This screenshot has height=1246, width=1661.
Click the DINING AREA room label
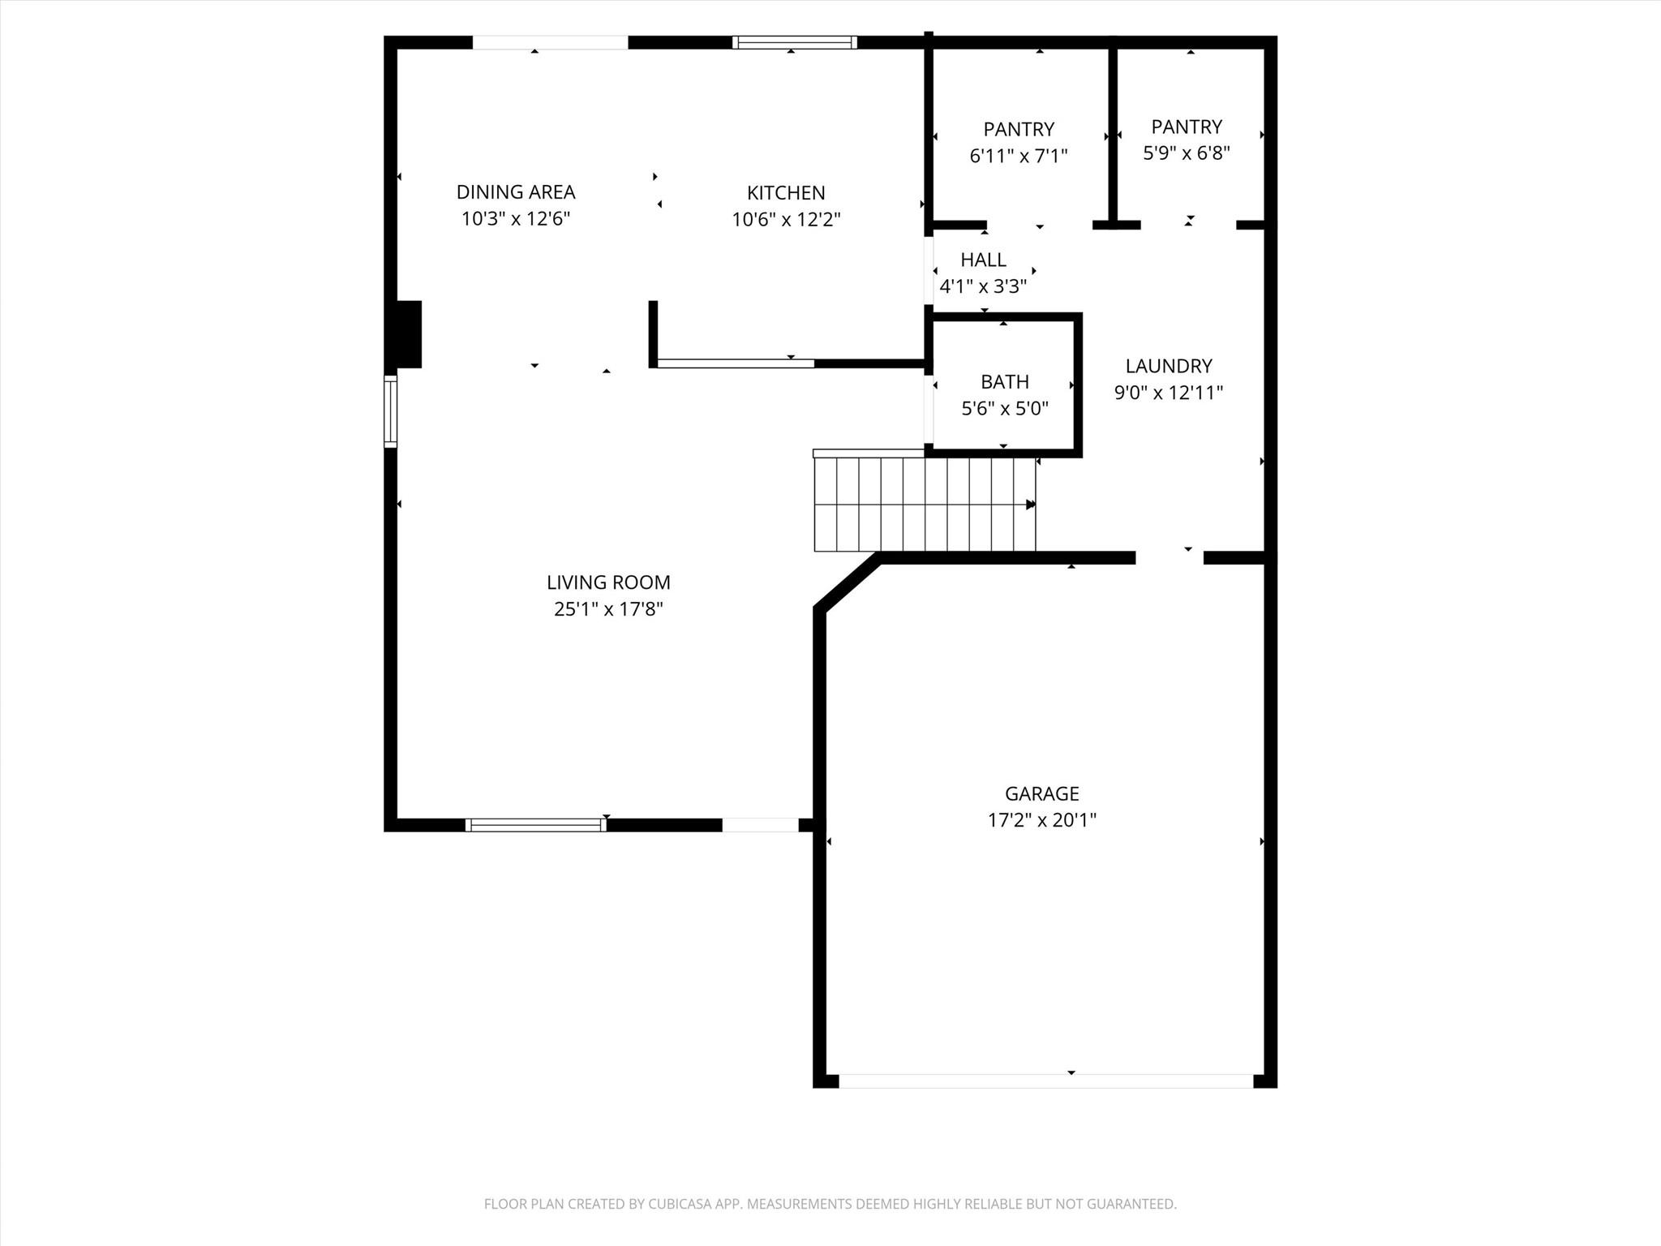pyautogui.click(x=516, y=192)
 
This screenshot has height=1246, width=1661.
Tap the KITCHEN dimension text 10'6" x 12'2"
pyautogui.click(x=786, y=220)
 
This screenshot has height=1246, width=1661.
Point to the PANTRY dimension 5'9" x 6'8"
pyautogui.click(x=1187, y=153)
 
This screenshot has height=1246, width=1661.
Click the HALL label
pyautogui.click(x=983, y=260)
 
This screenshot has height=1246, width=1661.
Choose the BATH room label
pyautogui.click(x=1005, y=381)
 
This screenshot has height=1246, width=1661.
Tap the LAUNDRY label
pyautogui.click(x=1168, y=366)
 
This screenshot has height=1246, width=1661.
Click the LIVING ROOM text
pyautogui.click(x=608, y=582)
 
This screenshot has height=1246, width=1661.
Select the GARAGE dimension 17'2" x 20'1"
pyautogui.click(x=1041, y=820)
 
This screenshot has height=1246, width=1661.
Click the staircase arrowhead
pyautogui.click(x=1031, y=505)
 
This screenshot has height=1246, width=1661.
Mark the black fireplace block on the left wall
pyautogui.click(x=408, y=334)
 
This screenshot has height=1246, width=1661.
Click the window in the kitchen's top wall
pyautogui.click(x=795, y=42)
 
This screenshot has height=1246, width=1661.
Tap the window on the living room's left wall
pyautogui.click(x=390, y=411)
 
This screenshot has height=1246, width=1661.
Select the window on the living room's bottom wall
pyautogui.click(x=535, y=825)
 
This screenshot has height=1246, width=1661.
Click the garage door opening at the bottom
pyautogui.click(x=1046, y=1081)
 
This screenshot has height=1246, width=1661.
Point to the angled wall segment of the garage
pyautogui.click(x=847, y=582)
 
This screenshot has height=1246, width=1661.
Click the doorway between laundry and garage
pyautogui.click(x=1169, y=557)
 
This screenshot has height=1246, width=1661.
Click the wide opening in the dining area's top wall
pyautogui.click(x=550, y=42)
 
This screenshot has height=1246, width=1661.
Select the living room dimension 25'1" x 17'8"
pyautogui.click(x=608, y=609)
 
